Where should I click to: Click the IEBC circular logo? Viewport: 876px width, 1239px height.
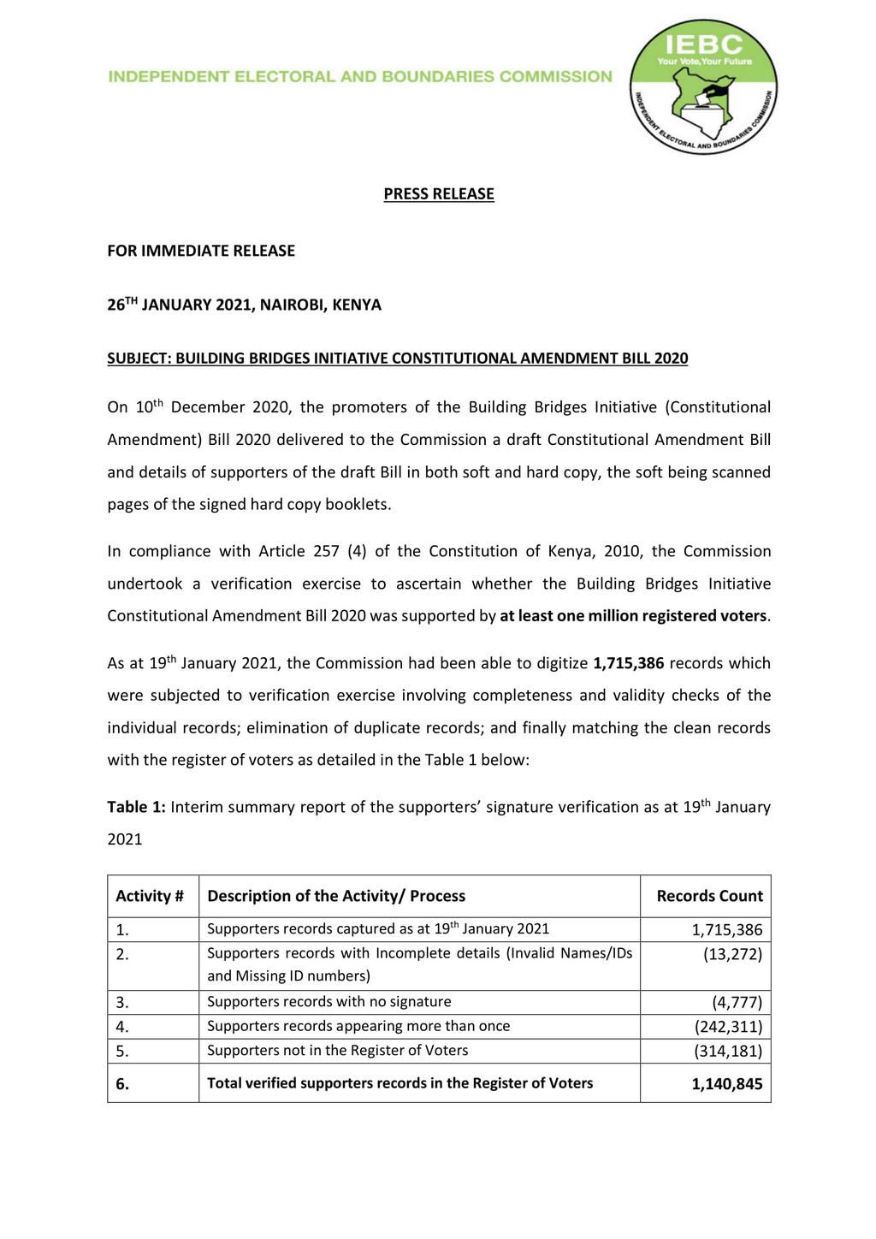coord(704,88)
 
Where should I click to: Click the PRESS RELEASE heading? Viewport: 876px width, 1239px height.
coord(438,194)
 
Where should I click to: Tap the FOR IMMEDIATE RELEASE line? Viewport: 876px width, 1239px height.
coord(201,251)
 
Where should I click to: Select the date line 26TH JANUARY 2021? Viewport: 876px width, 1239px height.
coord(244,305)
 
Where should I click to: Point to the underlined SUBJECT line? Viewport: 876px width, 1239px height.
coord(397,359)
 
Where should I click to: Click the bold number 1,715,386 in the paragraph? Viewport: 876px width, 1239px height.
coord(628,663)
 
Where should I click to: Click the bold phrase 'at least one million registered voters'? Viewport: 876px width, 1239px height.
coord(634,616)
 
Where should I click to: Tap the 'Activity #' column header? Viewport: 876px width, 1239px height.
coord(150,896)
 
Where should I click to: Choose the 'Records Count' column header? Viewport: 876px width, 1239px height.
coord(709,896)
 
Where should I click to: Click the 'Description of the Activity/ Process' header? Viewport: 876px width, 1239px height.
coord(336,896)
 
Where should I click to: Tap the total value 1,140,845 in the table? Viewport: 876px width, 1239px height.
coord(726,1085)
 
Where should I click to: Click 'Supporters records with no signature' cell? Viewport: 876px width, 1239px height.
coord(329,1001)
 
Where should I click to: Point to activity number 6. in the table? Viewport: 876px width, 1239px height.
coord(122,1084)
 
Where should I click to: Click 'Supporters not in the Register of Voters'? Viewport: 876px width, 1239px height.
coord(338,1050)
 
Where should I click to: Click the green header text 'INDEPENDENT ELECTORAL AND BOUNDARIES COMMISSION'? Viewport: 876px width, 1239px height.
coord(360,77)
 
